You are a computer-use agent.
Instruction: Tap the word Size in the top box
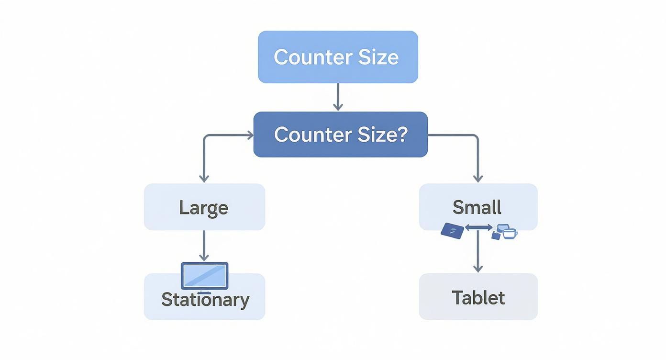(x=378, y=57)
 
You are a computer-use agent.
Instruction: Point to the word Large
(x=204, y=208)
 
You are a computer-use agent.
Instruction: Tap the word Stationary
(x=205, y=300)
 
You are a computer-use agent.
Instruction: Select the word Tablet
(x=478, y=298)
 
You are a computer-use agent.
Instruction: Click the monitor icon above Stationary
(x=205, y=276)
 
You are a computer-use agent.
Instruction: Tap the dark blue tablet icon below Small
(x=452, y=231)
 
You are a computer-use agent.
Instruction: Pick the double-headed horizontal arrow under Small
(x=478, y=228)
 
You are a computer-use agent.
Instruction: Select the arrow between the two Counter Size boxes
(x=338, y=97)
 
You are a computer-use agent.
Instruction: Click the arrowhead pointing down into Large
(x=204, y=178)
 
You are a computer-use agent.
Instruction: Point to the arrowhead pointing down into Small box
(x=478, y=178)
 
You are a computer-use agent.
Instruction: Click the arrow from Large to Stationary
(x=204, y=245)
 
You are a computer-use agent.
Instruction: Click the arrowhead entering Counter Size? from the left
(x=249, y=135)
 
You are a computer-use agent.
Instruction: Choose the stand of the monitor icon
(x=205, y=292)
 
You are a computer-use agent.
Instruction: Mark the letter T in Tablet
(x=457, y=298)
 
